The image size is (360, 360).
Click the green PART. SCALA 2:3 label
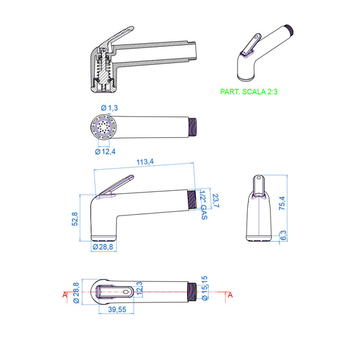tap(249, 92)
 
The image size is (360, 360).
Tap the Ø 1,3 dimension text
tap(109, 107)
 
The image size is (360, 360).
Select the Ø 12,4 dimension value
tap(105, 152)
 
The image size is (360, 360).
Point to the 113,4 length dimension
tap(145, 161)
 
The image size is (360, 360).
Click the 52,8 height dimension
tap(75, 219)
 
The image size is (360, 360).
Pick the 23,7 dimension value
tap(216, 200)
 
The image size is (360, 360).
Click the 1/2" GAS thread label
tap(204, 205)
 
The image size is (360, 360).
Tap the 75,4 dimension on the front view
tap(282, 203)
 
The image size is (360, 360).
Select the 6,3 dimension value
tap(284, 235)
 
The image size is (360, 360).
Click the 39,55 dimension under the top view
tap(117, 309)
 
